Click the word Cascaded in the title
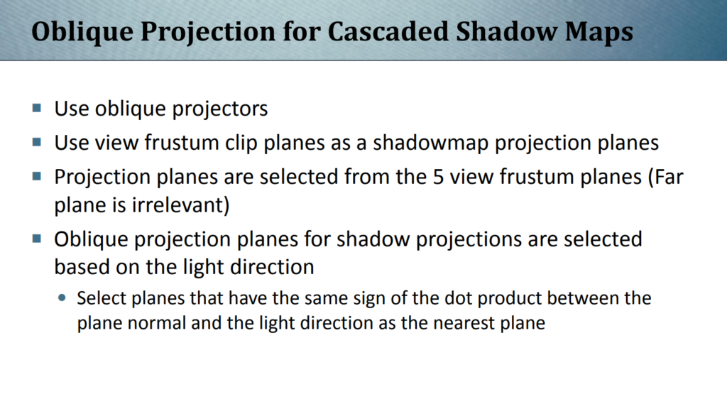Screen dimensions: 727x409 tap(388, 31)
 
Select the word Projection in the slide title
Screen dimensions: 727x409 tap(207, 33)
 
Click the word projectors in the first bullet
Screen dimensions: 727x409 tap(220, 109)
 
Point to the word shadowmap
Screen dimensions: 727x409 tap(431, 143)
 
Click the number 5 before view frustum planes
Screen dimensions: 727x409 tap(438, 177)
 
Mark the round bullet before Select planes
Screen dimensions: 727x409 tap(62, 298)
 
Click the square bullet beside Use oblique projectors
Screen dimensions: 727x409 tap(37, 109)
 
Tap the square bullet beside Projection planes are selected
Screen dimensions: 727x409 tap(37, 176)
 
